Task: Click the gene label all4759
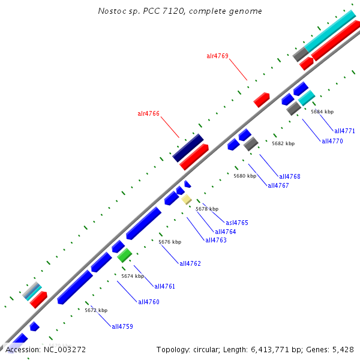coord(122,326)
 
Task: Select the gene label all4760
coord(149,302)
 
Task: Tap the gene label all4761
coord(164,286)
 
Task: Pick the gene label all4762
coord(190,263)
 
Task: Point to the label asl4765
coord(236,223)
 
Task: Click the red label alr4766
coord(148,113)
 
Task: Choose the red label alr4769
coord(217,56)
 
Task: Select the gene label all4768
coord(290,176)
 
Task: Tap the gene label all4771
coord(344,131)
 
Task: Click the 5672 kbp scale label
coord(96,310)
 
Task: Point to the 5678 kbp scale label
coord(207,209)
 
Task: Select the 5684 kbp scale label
coord(322,112)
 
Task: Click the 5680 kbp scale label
coord(245,176)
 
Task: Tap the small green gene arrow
coord(124,256)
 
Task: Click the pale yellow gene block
coord(187,199)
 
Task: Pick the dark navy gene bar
coord(188,148)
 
